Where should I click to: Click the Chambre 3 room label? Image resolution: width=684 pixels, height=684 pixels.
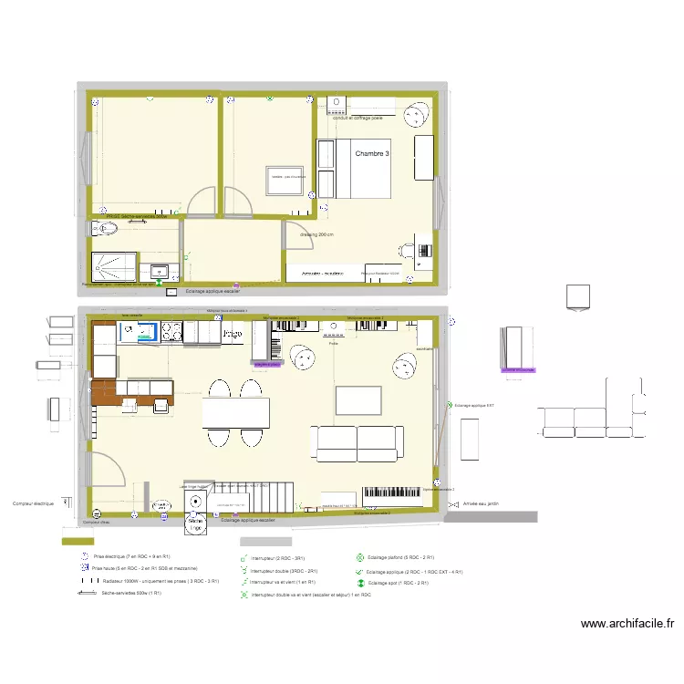[372, 155]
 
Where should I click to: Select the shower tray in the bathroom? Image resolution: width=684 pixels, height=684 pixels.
[114, 264]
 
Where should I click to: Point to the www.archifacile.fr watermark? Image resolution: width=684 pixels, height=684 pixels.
[627, 624]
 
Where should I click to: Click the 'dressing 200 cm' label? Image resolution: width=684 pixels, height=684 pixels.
[316, 234]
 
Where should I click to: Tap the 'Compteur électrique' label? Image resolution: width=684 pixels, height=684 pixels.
[34, 503]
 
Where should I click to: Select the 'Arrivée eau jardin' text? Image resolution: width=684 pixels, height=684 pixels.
[482, 503]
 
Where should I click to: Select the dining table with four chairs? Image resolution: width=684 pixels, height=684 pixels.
[235, 413]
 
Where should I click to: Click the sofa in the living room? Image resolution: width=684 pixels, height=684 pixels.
[357, 443]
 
